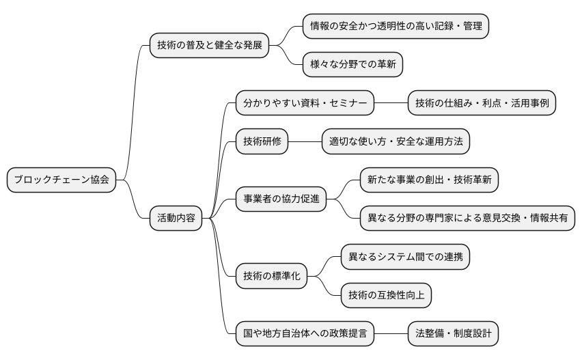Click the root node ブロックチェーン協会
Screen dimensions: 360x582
(x=61, y=180)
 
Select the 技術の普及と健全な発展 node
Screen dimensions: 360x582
(x=209, y=46)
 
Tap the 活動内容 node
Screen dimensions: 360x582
(x=176, y=219)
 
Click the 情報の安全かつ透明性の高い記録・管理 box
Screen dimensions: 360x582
(x=396, y=27)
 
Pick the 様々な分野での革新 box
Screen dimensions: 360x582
(x=353, y=65)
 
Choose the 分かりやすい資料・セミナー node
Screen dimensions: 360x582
(x=305, y=103)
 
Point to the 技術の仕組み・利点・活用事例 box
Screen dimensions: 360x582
(x=482, y=103)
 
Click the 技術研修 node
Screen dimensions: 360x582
(x=262, y=141)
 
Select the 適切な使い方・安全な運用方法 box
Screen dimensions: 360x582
(x=396, y=141)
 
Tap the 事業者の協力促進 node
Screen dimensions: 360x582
(x=281, y=199)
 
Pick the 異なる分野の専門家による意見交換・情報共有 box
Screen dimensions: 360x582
(x=468, y=219)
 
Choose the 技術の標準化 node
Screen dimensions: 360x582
(x=271, y=276)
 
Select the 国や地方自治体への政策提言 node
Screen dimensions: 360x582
(x=305, y=334)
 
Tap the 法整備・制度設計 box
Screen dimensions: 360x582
(x=453, y=334)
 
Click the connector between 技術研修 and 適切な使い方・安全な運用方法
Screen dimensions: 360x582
(x=305, y=141)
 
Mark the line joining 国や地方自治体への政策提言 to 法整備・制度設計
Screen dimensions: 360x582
(x=391, y=334)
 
